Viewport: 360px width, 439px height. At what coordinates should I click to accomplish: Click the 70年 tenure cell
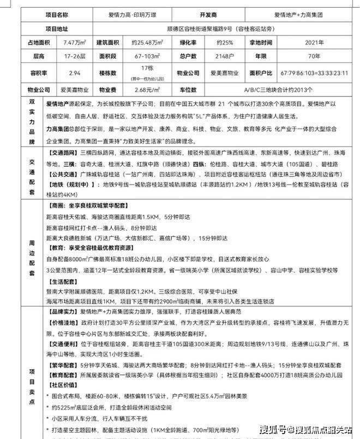314,56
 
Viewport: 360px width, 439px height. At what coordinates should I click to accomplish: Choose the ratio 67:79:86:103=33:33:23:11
314,72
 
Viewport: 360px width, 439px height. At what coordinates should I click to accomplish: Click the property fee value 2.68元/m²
148,88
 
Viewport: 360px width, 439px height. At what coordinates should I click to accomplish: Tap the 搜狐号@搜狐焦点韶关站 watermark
305,428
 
